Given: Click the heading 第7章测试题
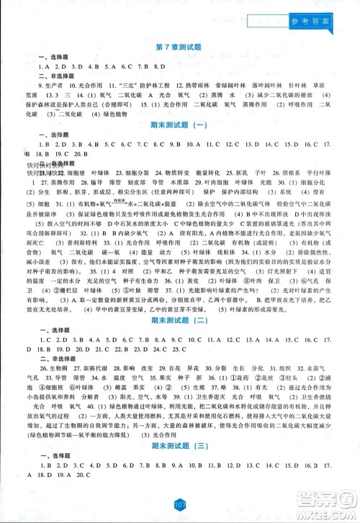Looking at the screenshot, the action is click(180, 47).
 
